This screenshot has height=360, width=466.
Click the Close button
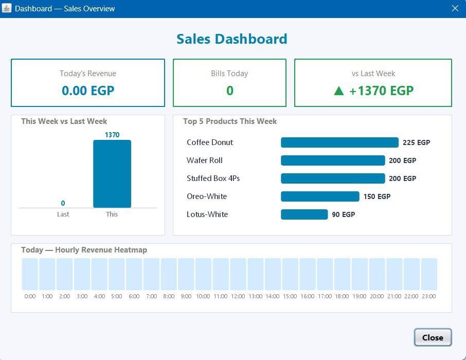[x=433, y=337]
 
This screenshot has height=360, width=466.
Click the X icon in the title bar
[x=455, y=8]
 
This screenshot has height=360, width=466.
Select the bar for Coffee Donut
[x=339, y=142]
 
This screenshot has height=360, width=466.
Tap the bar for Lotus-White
[x=304, y=214]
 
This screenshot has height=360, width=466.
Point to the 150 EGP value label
[x=377, y=196]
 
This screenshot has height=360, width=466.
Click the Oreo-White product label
[x=207, y=196]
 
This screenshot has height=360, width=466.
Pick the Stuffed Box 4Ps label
[x=213, y=178]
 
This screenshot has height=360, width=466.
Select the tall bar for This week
[x=112, y=174]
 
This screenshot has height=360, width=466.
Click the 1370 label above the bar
[x=112, y=135]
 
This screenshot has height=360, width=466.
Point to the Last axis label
[x=63, y=214]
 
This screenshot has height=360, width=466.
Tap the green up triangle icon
[x=339, y=91]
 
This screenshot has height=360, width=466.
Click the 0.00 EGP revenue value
[x=88, y=91]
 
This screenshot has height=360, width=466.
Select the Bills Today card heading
[x=229, y=74]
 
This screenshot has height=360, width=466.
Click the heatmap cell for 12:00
[x=238, y=274]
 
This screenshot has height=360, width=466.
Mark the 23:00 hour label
[x=429, y=296]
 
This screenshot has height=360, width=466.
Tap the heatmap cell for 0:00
[x=30, y=274]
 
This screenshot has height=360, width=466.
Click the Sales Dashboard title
[x=232, y=39]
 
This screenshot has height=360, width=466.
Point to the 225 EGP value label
[x=417, y=142]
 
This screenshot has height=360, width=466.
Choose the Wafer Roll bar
[x=333, y=160]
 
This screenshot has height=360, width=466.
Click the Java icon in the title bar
[x=7, y=8]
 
